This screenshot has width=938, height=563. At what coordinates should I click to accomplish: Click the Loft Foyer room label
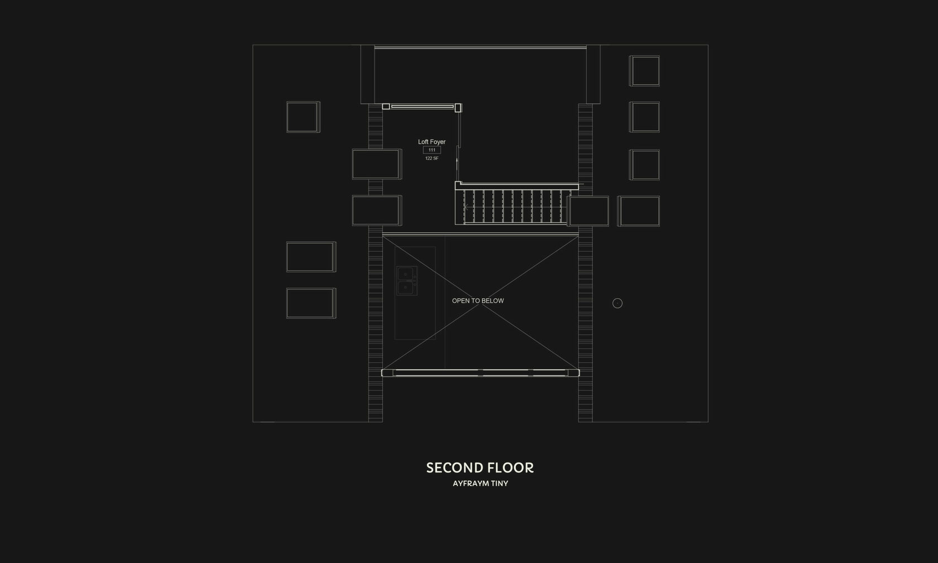432,142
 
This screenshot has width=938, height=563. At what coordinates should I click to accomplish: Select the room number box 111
432,150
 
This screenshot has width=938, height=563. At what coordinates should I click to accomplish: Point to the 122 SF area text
432,159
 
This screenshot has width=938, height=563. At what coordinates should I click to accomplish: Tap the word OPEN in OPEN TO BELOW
461,301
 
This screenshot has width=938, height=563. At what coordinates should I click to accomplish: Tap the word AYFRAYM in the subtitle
471,484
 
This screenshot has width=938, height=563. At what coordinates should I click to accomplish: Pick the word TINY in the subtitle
499,484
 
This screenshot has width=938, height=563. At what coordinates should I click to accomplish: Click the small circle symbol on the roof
618,303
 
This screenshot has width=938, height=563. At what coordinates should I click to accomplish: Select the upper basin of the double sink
406,274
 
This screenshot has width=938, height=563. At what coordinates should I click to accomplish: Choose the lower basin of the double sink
406,288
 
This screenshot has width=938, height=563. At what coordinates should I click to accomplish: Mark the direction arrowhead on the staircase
466,207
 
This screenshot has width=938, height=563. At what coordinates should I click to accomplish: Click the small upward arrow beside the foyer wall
457,161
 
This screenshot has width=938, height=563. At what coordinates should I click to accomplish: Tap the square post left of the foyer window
386,106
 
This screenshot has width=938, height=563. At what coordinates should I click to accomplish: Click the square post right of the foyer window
458,107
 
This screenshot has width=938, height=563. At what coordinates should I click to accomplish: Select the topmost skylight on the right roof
645,71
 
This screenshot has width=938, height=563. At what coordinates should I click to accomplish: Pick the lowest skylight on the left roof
311,303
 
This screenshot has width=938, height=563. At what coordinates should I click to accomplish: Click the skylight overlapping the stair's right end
588,211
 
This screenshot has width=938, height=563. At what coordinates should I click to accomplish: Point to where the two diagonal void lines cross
481,303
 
